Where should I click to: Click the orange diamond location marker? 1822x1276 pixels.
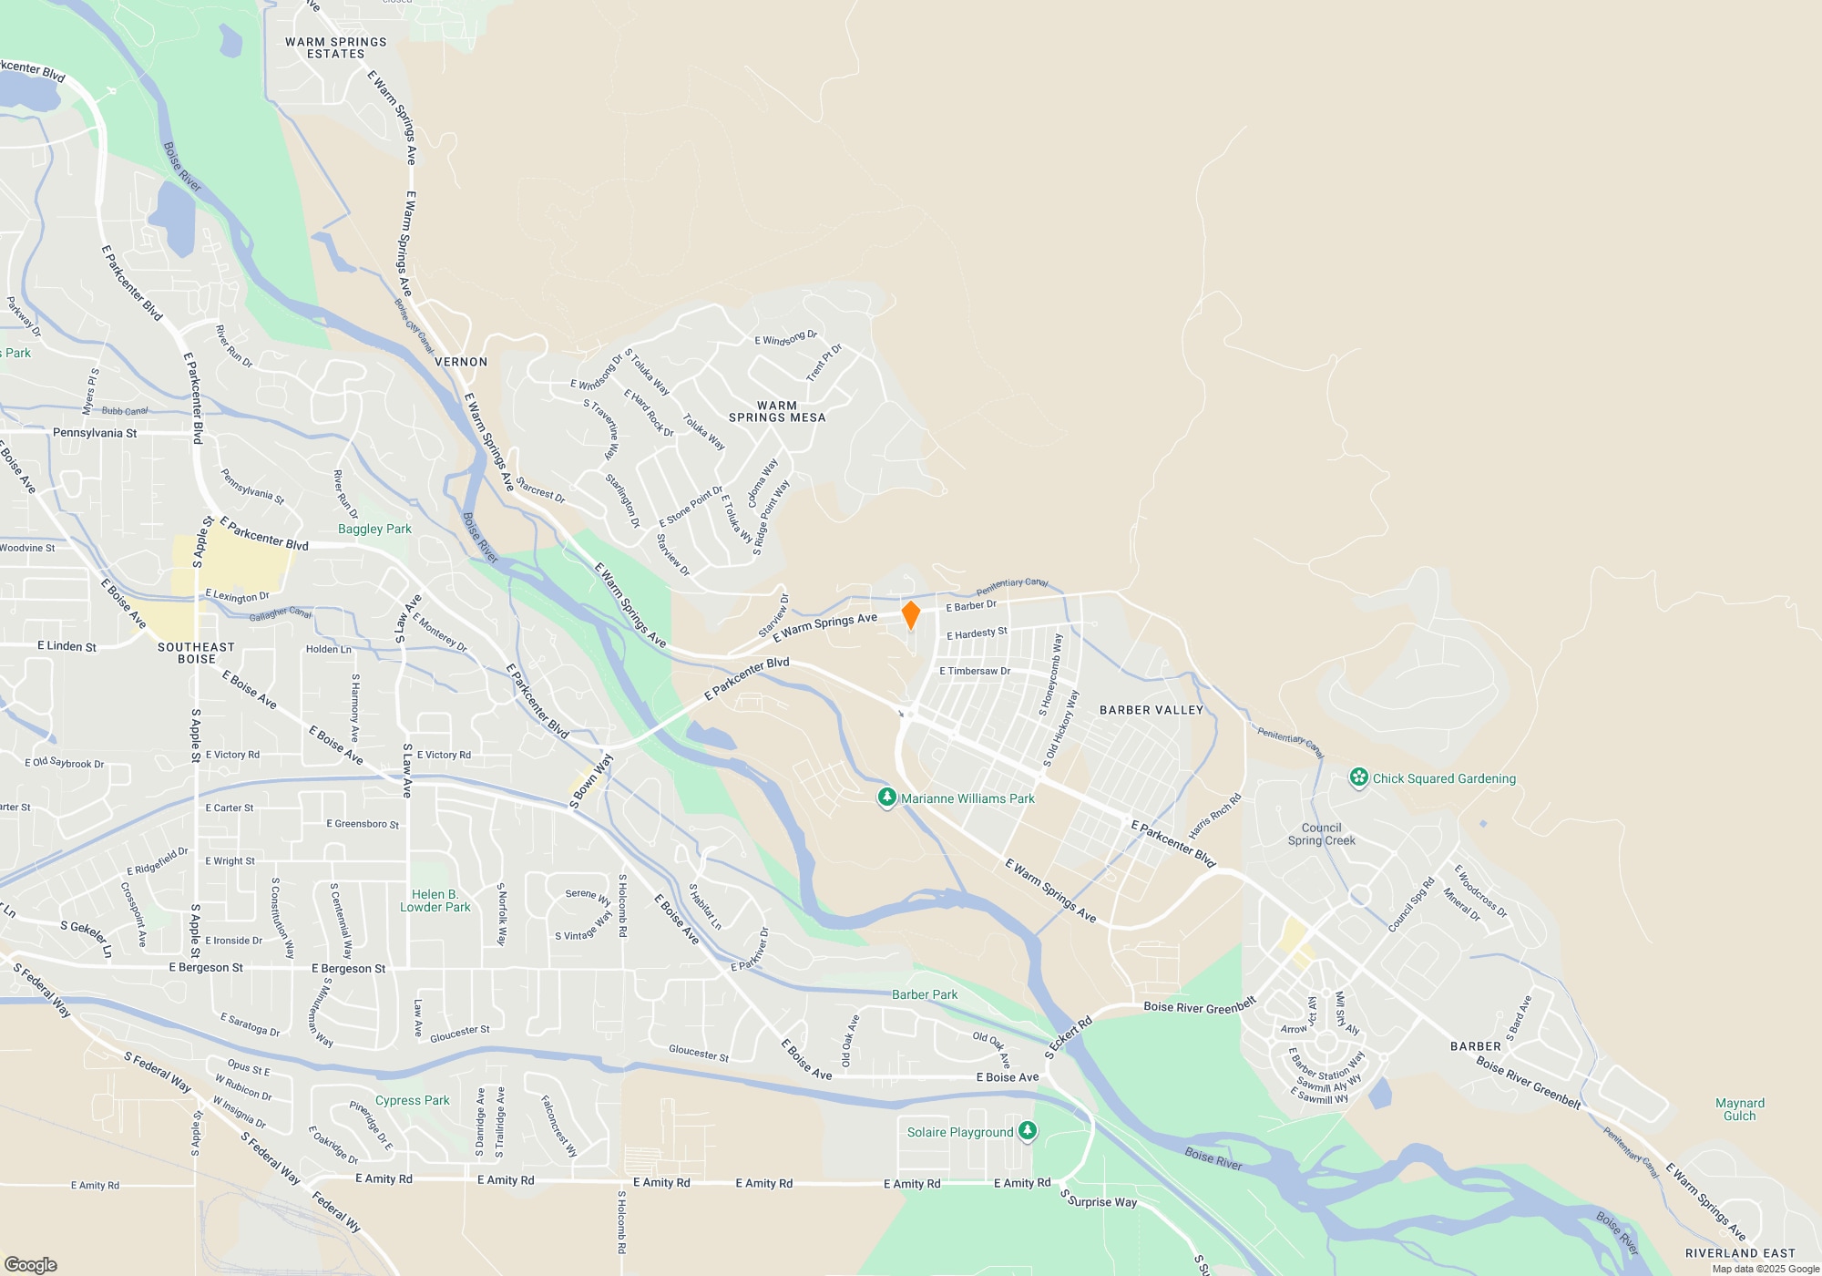910,614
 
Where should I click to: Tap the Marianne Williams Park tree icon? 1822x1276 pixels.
886,798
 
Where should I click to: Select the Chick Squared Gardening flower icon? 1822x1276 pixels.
1359,777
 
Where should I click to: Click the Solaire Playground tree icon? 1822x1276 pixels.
1028,1131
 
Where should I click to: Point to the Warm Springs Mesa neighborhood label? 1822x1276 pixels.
777,412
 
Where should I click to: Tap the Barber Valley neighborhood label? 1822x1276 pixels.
1152,710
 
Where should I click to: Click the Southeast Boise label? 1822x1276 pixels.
196,653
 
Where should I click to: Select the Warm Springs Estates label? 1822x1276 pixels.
335,48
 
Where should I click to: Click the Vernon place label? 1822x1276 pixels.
461,362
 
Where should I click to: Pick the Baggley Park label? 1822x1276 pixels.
374,529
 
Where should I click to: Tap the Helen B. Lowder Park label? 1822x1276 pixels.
435,900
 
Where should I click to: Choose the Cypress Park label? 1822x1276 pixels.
412,1100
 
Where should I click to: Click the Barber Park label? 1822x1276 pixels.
925,994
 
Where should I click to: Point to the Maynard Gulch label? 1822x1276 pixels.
1739,1109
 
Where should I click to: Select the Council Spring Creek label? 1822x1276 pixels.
1321,834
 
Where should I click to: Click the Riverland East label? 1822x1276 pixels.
1739,1253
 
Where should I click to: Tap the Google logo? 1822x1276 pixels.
31,1264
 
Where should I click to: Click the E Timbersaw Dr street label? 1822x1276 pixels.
975,671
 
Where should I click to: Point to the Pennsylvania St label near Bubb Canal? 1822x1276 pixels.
95,433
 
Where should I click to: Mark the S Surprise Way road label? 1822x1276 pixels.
1099,1200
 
